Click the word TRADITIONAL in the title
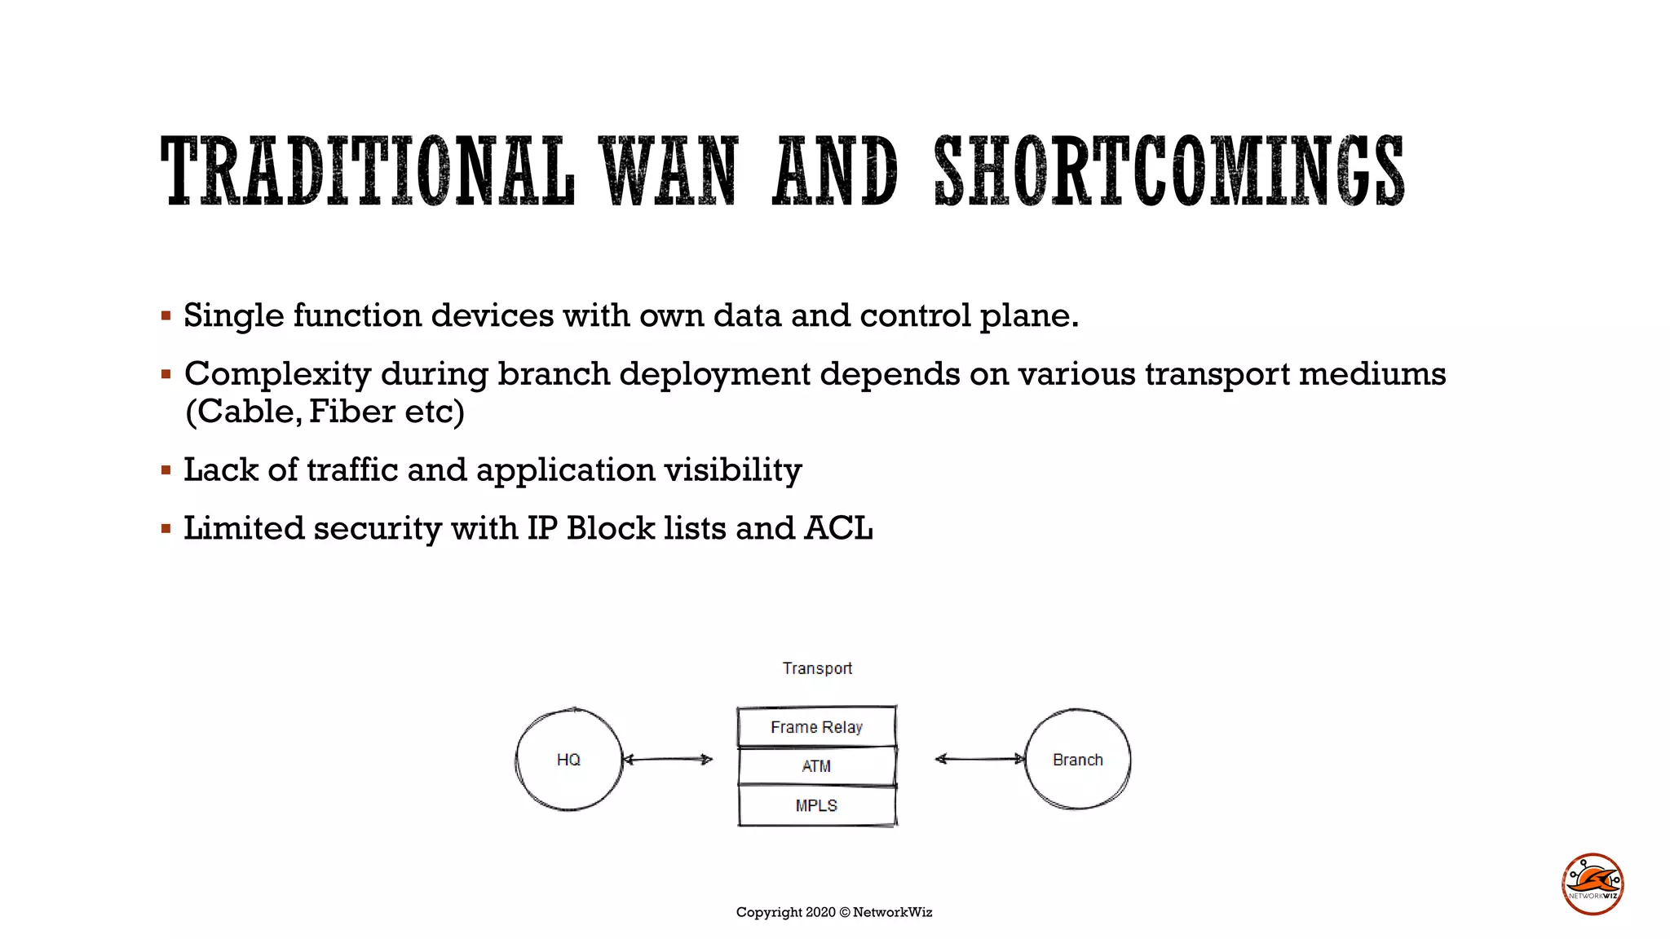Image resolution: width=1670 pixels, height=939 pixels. (367, 171)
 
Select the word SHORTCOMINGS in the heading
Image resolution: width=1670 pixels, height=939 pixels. (1169, 171)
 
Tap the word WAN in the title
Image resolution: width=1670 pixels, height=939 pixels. (669, 171)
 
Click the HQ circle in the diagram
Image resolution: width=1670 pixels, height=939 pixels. (568, 760)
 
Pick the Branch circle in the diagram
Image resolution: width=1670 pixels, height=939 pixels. (1077, 760)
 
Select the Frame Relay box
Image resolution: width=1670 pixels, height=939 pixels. (816, 727)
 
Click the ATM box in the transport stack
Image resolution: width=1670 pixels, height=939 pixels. (816, 766)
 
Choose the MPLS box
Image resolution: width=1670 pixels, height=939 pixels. (816, 805)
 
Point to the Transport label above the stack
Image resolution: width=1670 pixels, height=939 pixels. (817, 668)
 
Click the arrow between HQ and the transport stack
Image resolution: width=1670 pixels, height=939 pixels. (667, 760)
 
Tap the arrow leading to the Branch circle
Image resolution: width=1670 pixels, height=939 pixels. (979, 759)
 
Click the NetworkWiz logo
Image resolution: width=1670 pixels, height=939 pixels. (1593, 884)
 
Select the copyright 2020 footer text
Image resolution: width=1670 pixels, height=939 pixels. (833, 912)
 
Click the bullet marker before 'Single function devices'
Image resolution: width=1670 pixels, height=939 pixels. (166, 315)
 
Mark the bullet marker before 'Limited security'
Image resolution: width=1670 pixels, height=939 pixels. (166, 529)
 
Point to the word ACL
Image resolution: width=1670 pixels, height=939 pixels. (838, 528)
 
